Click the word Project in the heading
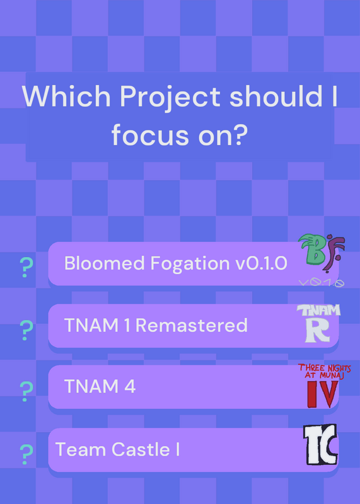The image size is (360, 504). tap(170, 98)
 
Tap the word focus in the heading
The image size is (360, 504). tap(149, 135)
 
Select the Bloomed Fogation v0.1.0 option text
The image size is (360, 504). tap(176, 263)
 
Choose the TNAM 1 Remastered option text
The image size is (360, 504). tap(156, 325)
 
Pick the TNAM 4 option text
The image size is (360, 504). tap(100, 386)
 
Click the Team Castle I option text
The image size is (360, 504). tap(117, 449)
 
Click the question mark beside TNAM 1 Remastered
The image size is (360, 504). tap(26, 330)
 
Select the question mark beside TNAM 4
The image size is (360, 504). tap(26, 392)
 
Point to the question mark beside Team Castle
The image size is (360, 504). tap(26, 454)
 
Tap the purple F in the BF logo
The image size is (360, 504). tap(334, 253)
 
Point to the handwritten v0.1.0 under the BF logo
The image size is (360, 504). tap(322, 283)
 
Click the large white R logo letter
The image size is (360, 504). tap(317, 329)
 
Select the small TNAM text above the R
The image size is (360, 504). tap(318, 310)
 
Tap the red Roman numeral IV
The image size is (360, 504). tap(322, 394)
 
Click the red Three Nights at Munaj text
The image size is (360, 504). tap(324, 372)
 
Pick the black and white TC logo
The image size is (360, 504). tap(320, 445)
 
